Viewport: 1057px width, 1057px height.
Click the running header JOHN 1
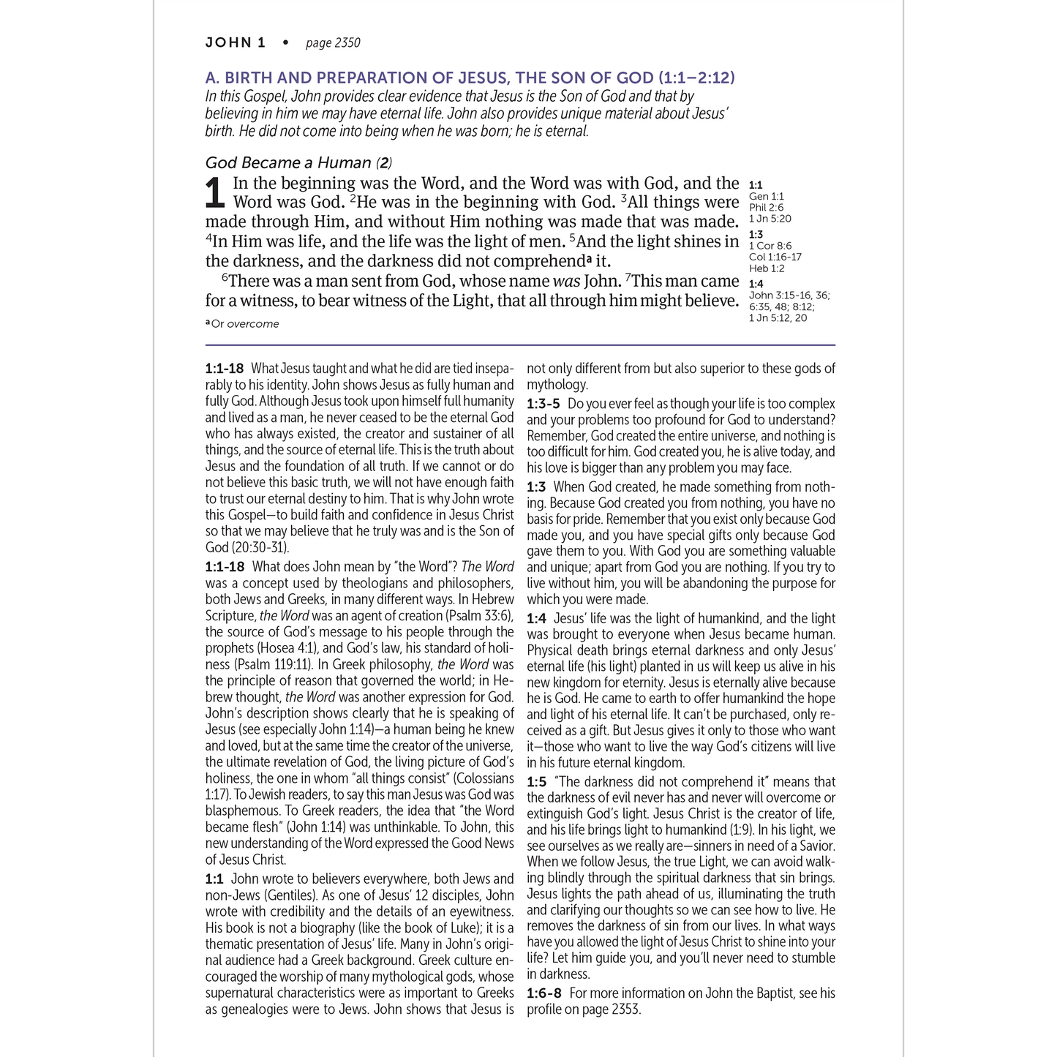(235, 42)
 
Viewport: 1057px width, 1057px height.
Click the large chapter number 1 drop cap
(214, 194)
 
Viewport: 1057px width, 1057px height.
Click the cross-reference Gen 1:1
(766, 196)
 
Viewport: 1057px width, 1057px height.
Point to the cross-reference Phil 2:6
(766, 207)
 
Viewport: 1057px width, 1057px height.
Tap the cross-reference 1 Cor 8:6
(770, 246)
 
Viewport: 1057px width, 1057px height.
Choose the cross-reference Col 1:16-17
(775, 257)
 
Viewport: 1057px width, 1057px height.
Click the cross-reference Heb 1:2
(767, 268)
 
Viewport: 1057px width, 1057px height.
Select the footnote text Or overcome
(245, 324)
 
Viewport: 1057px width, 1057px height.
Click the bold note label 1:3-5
(543, 404)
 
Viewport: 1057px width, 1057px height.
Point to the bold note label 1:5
(537, 782)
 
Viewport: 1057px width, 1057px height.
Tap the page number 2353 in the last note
(624, 1009)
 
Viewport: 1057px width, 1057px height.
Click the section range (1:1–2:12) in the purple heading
(696, 78)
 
